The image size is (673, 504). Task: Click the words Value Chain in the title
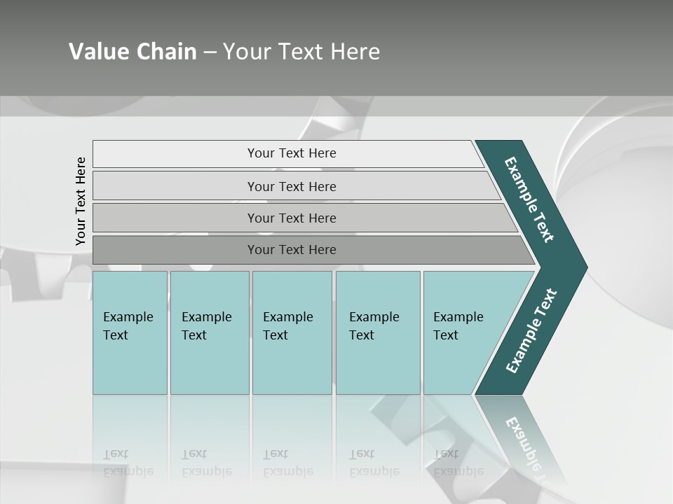click(x=132, y=52)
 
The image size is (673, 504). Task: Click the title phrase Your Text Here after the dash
click(x=301, y=52)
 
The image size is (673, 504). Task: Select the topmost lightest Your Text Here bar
click(x=291, y=153)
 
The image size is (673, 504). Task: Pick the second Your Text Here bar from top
click(x=291, y=186)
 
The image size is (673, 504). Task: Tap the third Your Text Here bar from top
click(x=291, y=218)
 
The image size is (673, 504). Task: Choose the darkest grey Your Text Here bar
click(x=291, y=250)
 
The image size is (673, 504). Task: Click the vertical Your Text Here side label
click(x=81, y=201)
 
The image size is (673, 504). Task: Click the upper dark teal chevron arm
click(x=529, y=199)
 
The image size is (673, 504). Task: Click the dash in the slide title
click(x=210, y=52)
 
